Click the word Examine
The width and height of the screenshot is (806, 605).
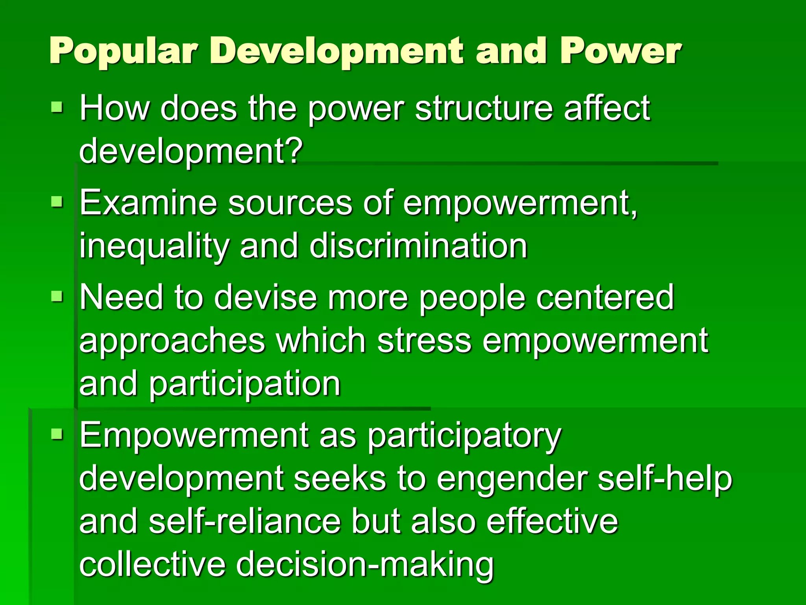(148, 202)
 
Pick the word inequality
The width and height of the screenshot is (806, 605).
(154, 247)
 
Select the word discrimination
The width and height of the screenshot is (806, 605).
(418, 246)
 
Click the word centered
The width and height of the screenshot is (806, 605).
(605, 297)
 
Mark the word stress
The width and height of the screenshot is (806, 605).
(424, 341)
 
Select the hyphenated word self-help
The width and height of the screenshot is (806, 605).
(665, 479)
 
